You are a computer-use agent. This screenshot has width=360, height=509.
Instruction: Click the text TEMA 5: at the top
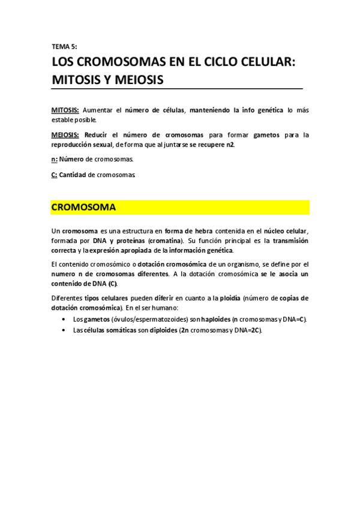pos(64,46)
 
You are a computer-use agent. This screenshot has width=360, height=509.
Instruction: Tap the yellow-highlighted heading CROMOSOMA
pos(83,207)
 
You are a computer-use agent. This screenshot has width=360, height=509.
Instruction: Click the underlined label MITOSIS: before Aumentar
pos(65,110)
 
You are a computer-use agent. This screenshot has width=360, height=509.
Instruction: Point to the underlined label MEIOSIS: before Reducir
pos(65,135)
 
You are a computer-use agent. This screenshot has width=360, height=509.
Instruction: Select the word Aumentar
pos(97,110)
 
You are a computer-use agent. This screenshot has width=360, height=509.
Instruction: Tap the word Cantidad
pos(73,175)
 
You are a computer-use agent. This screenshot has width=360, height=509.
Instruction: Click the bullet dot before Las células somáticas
pos(64,331)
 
